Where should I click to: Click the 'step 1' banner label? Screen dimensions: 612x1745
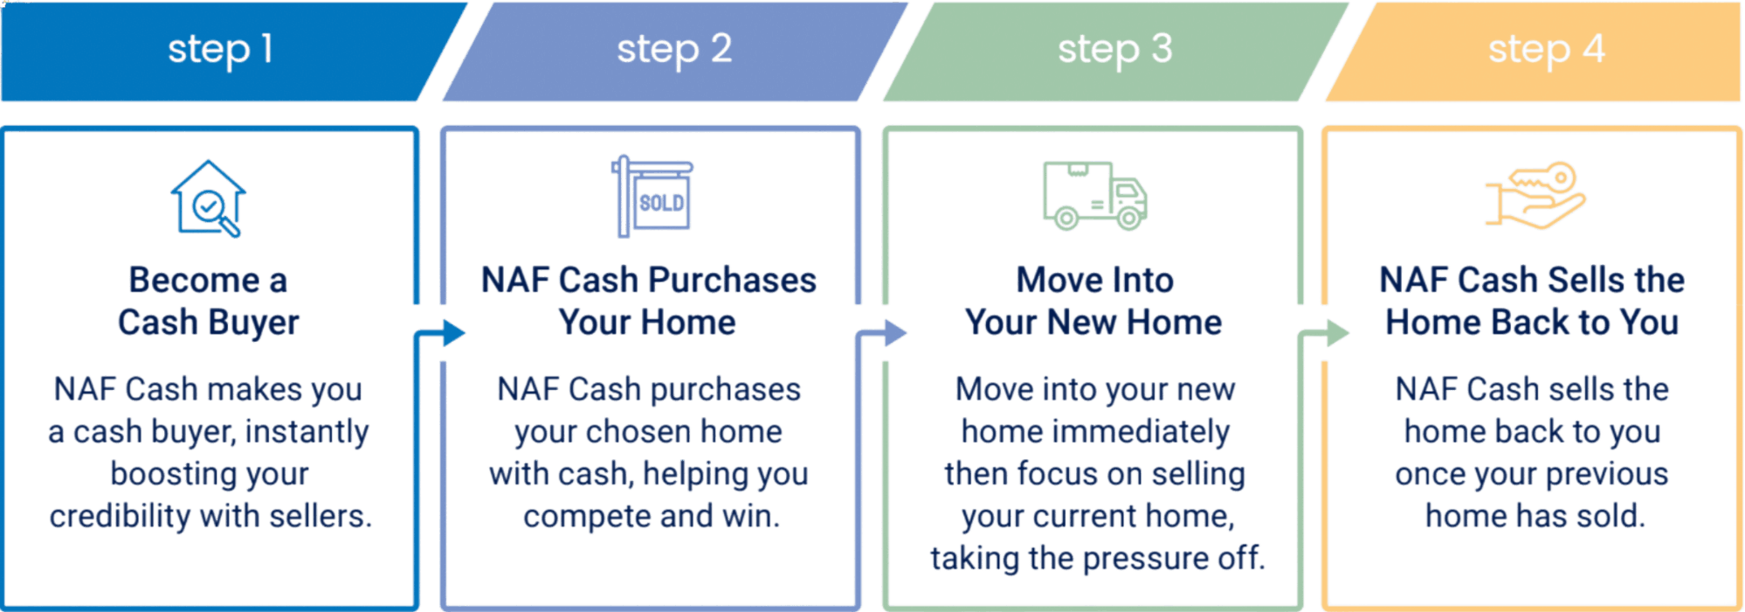[x=220, y=50]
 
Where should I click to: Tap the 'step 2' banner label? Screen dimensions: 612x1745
[x=673, y=50]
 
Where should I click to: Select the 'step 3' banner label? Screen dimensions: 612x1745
[x=1114, y=50]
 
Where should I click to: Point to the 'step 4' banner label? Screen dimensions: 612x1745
[x=1546, y=50]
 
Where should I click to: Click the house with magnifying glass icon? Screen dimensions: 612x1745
[x=208, y=198]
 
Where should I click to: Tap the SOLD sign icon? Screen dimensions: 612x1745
[x=652, y=197]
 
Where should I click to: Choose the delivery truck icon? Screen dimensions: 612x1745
[x=1094, y=196]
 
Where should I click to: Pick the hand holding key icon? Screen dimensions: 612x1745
[x=1535, y=195]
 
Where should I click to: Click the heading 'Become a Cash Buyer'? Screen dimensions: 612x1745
[x=209, y=302]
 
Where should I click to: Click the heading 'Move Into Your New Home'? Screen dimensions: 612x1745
[x=1094, y=302]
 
